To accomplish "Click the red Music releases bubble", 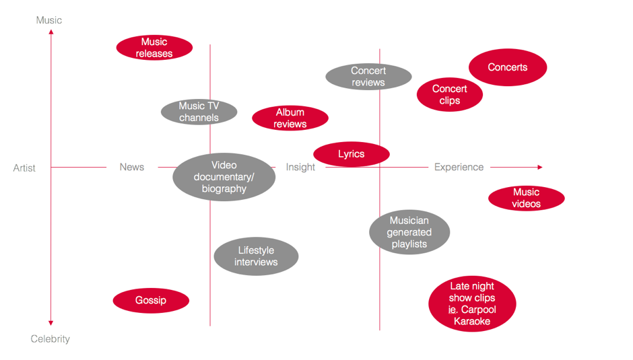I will point(154,48).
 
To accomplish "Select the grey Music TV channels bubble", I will point(199,112).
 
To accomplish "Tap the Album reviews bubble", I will point(290,118).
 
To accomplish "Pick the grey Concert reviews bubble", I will point(368,77).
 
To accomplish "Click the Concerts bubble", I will point(508,67).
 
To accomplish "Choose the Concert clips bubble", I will point(449,95).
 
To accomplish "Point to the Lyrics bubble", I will point(352,154).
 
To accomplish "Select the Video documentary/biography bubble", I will point(224,177).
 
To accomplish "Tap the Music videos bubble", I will point(526,198).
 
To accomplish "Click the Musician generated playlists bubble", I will point(409,232).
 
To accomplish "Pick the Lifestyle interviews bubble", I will point(256,256).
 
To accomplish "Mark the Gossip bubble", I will point(151,300).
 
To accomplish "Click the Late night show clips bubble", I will point(472,304).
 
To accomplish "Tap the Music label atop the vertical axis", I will point(49,20).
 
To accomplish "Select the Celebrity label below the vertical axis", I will point(51,339).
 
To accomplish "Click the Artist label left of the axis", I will point(24,168).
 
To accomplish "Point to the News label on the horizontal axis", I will point(132,167).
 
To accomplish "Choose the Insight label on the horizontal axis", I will point(300,167).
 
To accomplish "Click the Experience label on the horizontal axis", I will point(459,167).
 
